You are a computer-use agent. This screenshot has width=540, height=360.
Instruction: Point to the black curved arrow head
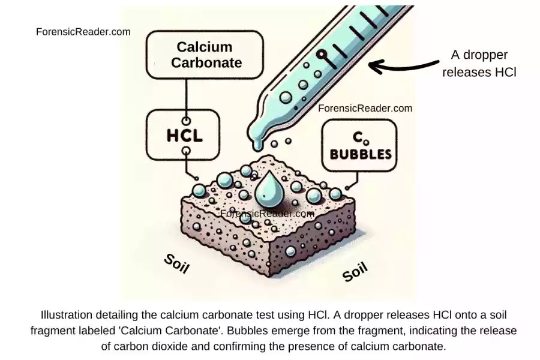[373, 65]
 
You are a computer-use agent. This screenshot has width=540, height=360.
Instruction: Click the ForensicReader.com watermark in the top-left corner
[83, 32]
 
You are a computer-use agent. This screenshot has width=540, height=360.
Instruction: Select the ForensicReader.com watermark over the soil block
[268, 213]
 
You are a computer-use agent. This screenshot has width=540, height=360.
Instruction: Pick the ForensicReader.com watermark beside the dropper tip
[365, 108]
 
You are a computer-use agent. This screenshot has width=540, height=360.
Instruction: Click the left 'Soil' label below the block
[176, 263]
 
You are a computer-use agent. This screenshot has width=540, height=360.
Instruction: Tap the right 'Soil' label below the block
[355, 272]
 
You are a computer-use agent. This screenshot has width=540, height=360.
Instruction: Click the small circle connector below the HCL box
[186, 151]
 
